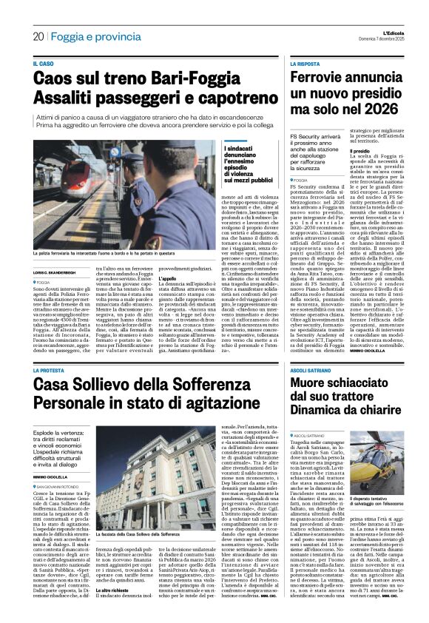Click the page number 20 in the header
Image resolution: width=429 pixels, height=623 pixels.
[38, 36]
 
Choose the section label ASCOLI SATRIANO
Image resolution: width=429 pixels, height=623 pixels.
[314, 370]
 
